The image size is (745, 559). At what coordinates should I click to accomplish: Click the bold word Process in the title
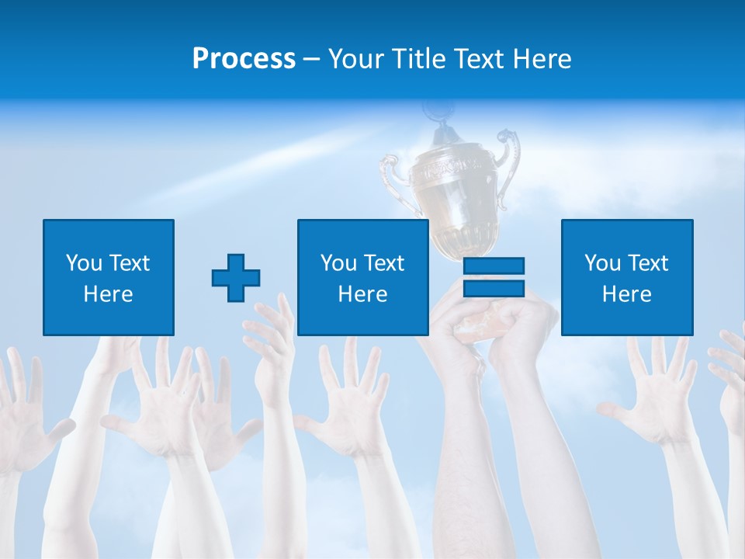tap(244, 59)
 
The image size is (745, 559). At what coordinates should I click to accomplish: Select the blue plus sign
tap(236, 278)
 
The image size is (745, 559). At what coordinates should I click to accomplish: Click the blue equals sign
tap(494, 277)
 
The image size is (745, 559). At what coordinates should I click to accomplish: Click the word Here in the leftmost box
tap(109, 294)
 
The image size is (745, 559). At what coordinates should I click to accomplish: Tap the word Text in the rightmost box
tap(649, 263)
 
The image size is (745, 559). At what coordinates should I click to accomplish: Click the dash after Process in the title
tap(311, 59)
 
